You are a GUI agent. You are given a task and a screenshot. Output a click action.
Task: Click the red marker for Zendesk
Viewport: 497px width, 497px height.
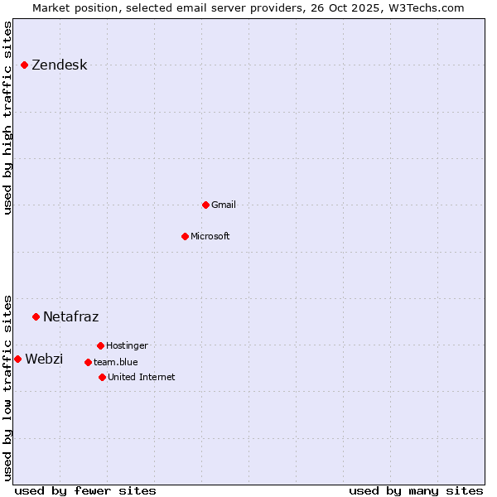24,65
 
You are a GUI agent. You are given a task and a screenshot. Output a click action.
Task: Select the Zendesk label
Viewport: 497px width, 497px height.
59,65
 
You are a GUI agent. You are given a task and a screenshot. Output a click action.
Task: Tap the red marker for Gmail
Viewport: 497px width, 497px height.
205,205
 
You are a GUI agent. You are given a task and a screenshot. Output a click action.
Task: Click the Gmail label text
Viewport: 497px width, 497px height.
224,205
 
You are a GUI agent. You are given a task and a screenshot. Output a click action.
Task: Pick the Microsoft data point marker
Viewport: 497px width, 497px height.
185,236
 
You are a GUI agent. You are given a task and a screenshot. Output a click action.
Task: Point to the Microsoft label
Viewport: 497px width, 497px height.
210,236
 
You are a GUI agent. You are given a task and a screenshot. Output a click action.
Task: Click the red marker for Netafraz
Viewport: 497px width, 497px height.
36,316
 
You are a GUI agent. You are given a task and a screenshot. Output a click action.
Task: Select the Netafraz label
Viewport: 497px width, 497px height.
70,317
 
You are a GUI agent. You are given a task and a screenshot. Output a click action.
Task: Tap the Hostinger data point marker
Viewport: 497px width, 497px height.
100,345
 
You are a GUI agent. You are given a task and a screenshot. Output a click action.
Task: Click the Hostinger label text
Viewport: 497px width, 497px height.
127,345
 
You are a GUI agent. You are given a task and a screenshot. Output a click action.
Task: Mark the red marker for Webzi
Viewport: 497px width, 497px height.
17,359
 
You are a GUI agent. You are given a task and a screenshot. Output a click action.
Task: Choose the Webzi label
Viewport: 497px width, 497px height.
44,359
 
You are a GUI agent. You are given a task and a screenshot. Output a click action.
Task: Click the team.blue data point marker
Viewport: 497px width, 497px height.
88,362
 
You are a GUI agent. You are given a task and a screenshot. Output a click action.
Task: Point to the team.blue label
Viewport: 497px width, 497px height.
116,362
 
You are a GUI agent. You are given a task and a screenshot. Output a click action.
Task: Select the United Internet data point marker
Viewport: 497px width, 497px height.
102,377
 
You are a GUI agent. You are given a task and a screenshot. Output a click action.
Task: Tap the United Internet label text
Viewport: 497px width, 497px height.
142,377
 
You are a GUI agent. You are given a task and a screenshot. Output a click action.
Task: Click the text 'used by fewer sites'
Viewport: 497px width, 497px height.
85,490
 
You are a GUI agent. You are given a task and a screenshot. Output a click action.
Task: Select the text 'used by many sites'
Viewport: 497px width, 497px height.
416,490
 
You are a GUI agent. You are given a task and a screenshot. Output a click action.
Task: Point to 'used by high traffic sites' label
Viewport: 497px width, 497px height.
7,118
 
